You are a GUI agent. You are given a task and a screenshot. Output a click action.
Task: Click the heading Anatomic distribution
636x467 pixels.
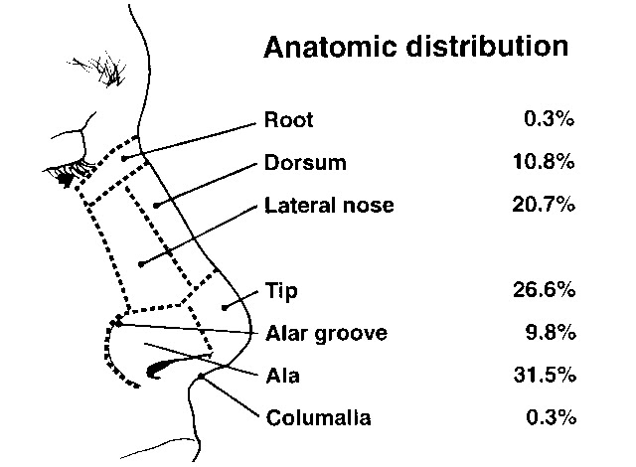[x=415, y=47]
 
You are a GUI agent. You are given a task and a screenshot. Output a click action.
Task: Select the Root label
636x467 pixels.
[x=289, y=121]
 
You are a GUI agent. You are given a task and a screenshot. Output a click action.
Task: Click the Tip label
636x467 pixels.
[x=282, y=291]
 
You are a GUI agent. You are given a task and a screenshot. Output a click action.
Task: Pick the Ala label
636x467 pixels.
[x=282, y=376]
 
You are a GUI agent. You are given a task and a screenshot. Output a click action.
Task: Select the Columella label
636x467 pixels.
[x=318, y=417]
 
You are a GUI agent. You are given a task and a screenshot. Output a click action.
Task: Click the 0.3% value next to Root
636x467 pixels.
[x=550, y=121]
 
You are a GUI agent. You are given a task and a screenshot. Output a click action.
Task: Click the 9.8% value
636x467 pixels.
[x=550, y=333]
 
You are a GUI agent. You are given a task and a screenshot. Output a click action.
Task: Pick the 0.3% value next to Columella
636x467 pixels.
[x=550, y=417]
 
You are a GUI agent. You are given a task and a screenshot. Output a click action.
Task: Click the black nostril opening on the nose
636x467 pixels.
[x=160, y=371]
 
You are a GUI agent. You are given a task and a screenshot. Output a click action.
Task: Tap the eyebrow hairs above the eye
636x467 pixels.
[x=107, y=65]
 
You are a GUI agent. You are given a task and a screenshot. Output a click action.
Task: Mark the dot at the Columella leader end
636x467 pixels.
[x=202, y=375]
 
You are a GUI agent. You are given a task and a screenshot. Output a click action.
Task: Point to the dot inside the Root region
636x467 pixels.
[x=123, y=159]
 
